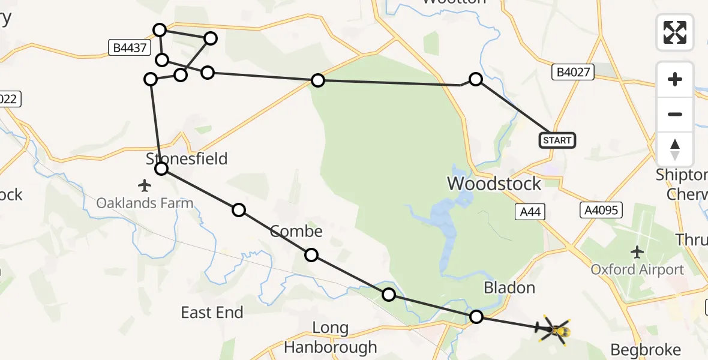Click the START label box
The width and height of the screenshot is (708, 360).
point(557,140)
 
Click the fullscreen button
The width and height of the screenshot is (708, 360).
point(675,32)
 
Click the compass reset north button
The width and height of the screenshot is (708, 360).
point(675,149)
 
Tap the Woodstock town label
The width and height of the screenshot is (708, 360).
point(494,184)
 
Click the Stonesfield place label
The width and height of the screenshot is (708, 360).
point(187,158)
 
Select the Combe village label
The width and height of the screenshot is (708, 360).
point(296,231)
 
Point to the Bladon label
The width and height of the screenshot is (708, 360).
point(509,288)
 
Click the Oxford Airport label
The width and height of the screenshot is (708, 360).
point(637,269)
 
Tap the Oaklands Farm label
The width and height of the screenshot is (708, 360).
point(145,203)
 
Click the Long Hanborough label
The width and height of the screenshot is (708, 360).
point(331,338)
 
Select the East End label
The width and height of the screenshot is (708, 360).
point(212,313)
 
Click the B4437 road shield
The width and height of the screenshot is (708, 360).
point(128,48)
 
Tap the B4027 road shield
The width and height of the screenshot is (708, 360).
point(573,73)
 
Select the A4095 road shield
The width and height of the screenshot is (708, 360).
point(601,210)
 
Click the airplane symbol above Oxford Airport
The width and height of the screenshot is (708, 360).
point(637,251)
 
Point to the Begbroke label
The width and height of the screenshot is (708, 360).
point(646,350)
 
